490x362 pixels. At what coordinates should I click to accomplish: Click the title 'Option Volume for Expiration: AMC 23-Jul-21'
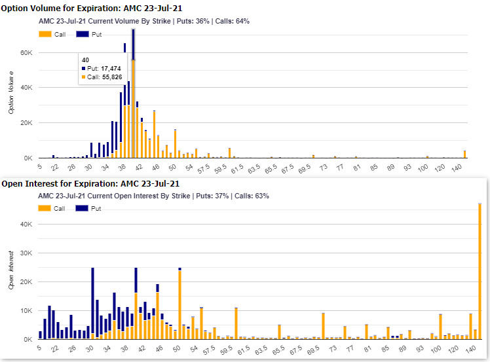point(92,8)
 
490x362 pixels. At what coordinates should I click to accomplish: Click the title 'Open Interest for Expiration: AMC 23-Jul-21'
point(90,184)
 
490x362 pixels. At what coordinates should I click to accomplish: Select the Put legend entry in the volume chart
point(87,33)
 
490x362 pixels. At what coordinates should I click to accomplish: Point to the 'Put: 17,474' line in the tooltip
point(100,68)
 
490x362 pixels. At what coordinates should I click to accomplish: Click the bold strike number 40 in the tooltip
point(86,60)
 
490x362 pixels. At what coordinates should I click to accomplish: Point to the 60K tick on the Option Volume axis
point(26,52)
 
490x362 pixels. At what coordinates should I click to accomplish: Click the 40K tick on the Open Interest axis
point(26,225)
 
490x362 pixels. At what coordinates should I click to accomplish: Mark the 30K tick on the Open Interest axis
point(26,253)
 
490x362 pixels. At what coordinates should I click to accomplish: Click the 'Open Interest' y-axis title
point(11,270)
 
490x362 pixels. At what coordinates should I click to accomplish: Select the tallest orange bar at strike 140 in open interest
point(480,275)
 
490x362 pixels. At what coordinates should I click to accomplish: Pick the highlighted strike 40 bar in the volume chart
point(133,98)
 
